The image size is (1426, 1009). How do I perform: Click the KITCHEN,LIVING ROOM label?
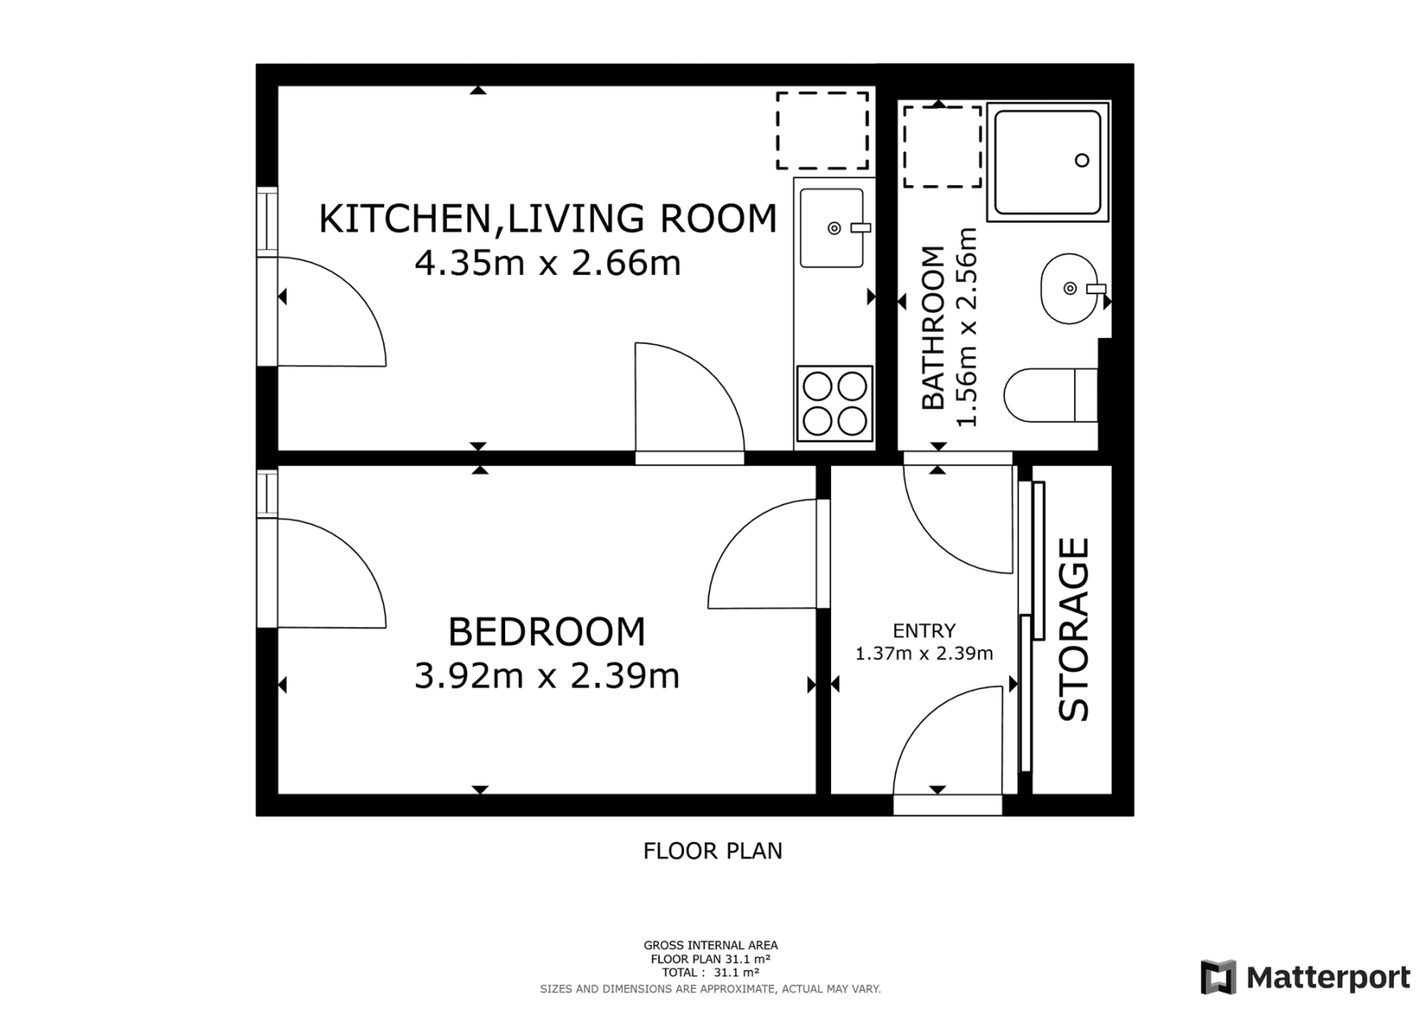point(547,219)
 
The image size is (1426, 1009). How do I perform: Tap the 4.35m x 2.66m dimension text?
point(547,263)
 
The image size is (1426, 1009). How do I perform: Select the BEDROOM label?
point(546,631)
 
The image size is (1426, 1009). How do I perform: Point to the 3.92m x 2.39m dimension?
point(546,675)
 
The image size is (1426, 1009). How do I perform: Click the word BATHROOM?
point(934,328)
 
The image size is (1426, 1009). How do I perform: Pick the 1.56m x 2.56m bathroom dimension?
point(967,328)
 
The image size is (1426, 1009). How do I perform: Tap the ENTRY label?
point(923,631)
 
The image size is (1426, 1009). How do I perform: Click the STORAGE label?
point(1073,630)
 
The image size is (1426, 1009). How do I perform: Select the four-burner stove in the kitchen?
point(834,404)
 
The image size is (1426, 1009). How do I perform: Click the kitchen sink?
point(831,228)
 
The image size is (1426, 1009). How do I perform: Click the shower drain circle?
point(1082,161)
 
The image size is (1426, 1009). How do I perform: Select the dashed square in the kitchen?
point(822,131)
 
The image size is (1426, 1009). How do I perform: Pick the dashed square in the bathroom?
point(942,147)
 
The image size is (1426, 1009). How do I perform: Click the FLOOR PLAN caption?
point(713,851)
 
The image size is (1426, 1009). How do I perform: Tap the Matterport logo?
point(1305,978)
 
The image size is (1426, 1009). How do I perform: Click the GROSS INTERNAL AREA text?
point(711,945)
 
